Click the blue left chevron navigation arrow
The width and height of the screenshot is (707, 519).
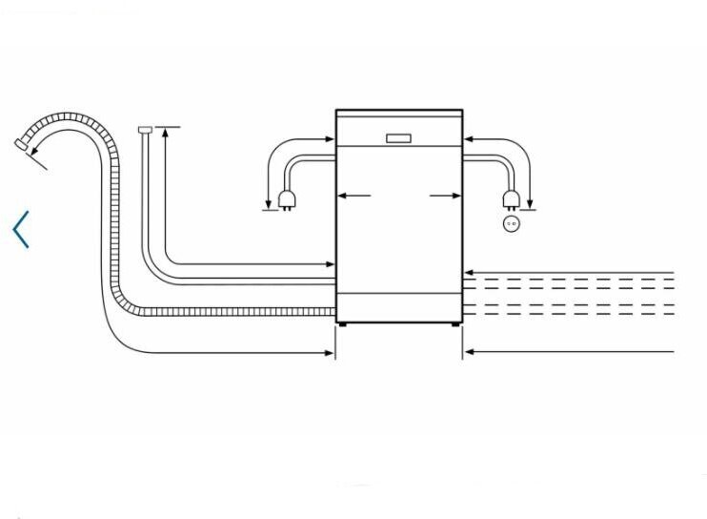coord(21,230)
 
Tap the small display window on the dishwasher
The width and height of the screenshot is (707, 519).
coord(399,137)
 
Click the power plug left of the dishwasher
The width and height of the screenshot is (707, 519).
coord(285,198)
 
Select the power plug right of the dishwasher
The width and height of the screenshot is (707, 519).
coord(513,198)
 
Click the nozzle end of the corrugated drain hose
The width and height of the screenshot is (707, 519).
coord(21,144)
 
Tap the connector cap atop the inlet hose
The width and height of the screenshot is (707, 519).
coord(145,129)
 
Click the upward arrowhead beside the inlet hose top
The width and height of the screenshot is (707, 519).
coord(166,133)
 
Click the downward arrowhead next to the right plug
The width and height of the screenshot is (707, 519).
coord(529,201)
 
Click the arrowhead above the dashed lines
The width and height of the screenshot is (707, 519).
coord(469,273)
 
